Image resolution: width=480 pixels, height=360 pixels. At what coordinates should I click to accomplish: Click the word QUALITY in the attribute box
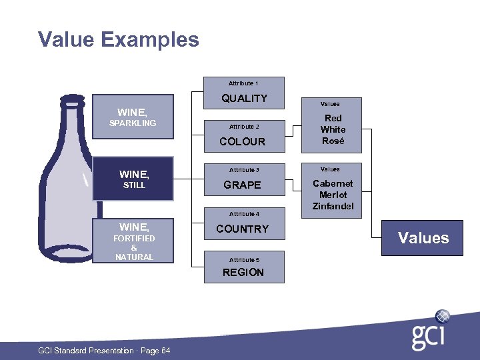pos(244,99)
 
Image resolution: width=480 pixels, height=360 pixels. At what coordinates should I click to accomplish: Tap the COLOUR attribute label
pos(243,141)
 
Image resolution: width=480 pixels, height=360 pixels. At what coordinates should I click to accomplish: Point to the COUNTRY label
pos(243,229)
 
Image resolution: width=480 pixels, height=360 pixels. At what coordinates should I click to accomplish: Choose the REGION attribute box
pos(243,272)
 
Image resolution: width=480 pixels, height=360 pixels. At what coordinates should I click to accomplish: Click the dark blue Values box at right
pos(423,238)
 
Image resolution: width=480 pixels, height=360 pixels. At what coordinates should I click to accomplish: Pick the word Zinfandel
pos(333,207)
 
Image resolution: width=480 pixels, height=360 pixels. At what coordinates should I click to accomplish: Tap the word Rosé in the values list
pos(333,141)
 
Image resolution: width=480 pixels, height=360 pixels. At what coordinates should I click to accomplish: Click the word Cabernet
pos(333,183)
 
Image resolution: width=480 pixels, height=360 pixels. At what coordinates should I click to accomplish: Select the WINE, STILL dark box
pos(133,179)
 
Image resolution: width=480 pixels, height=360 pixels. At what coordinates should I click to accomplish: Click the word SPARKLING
pos(133,123)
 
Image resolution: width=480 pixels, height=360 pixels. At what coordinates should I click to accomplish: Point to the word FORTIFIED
pos(134,238)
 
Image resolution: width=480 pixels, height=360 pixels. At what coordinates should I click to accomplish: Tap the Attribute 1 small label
pos(243,83)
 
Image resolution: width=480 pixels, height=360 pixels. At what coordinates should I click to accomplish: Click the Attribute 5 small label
pos(243,259)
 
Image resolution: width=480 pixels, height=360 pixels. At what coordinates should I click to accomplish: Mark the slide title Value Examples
pos(119,39)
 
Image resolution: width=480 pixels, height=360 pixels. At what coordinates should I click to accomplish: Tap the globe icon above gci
pos(443,316)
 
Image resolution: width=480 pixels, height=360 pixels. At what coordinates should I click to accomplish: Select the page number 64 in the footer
pos(165,351)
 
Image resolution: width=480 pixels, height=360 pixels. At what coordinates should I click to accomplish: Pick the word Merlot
pos(333,195)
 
